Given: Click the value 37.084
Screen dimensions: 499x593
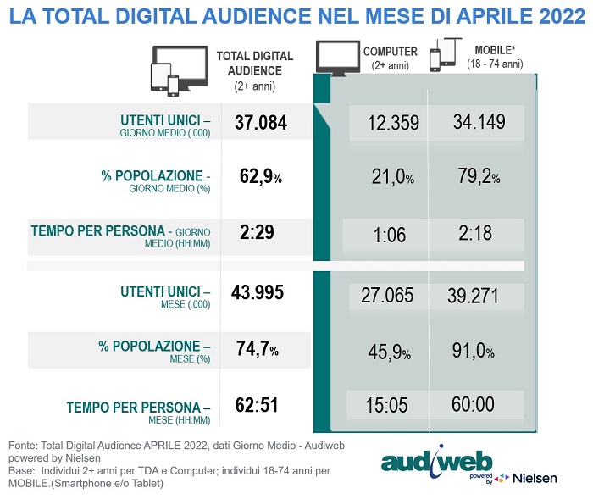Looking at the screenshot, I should point(261,124).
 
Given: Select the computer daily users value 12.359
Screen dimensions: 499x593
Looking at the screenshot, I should point(393,123).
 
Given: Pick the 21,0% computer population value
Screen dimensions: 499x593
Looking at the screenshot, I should point(392,178).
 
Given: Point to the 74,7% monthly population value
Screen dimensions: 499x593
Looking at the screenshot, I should point(256,349).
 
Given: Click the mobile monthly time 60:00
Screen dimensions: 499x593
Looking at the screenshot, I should point(473,405).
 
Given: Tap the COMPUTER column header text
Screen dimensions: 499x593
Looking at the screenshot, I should point(391,52).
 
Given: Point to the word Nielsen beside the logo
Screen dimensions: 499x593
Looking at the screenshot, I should point(535,479).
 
